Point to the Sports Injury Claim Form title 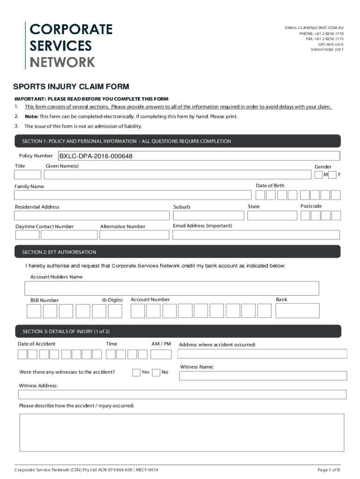(x=71, y=87)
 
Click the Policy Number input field (x=199, y=156)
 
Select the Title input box (x=28, y=175)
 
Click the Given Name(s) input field (x=177, y=175)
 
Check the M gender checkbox (x=318, y=175)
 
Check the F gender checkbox (x=332, y=175)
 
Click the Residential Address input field (x=92, y=216)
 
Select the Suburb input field (x=208, y=216)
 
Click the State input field (x=272, y=216)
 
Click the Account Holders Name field (x=172, y=288)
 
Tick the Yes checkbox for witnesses (x=136, y=372)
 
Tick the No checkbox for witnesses (x=156, y=372)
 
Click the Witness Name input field (x=263, y=376)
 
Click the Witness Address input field (x=182, y=394)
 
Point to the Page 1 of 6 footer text (x=329, y=470)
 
